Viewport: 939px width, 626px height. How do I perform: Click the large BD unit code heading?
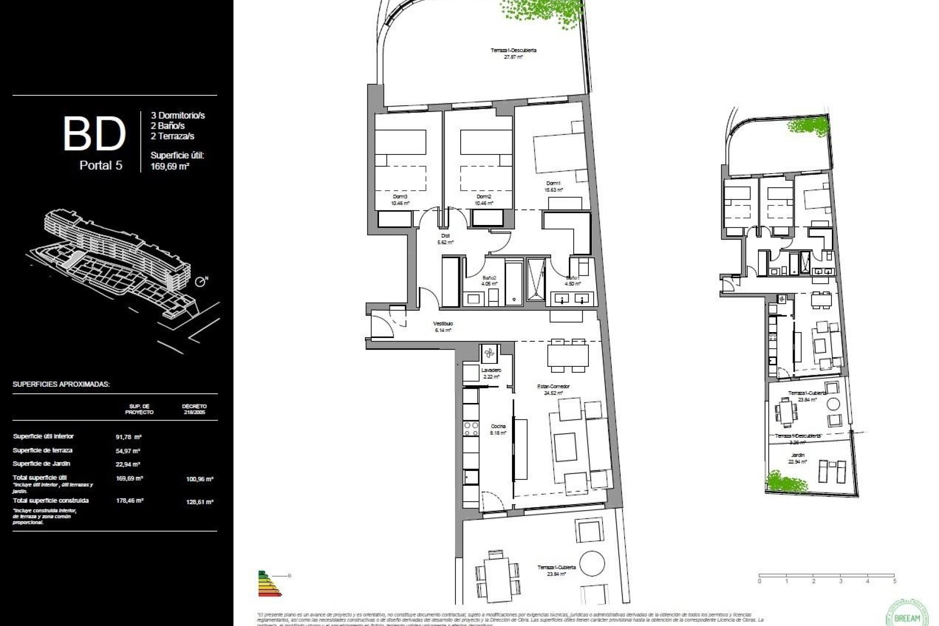pyautogui.click(x=94, y=133)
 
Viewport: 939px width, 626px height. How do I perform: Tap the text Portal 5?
pyautogui.click(x=101, y=165)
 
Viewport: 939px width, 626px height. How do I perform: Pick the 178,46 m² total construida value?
pyautogui.click(x=129, y=501)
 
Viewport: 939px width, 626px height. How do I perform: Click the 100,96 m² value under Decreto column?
pyautogui.click(x=200, y=479)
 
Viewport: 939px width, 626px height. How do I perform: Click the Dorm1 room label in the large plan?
pyautogui.click(x=554, y=183)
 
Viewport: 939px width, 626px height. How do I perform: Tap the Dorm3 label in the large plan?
pyautogui.click(x=400, y=197)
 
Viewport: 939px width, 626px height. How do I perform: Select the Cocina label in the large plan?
pyautogui.click(x=498, y=426)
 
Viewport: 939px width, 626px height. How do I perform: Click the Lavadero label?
pyautogui.click(x=491, y=371)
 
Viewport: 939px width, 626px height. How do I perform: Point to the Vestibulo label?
pyautogui.click(x=443, y=324)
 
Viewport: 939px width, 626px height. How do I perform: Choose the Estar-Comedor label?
pyautogui.click(x=553, y=386)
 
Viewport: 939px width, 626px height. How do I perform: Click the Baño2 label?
pyautogui.click(x=489, y=277)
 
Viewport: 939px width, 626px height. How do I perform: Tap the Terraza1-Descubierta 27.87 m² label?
pyautogui.click(x=514, y=50)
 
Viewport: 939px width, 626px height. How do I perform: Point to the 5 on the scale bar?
pyautogui.click(x=894, y=581)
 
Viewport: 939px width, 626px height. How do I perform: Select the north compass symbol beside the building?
pyautogui.click(x=201, y=282)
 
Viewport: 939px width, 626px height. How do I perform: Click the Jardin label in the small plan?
pyautogui.click(x=798, y=455)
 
